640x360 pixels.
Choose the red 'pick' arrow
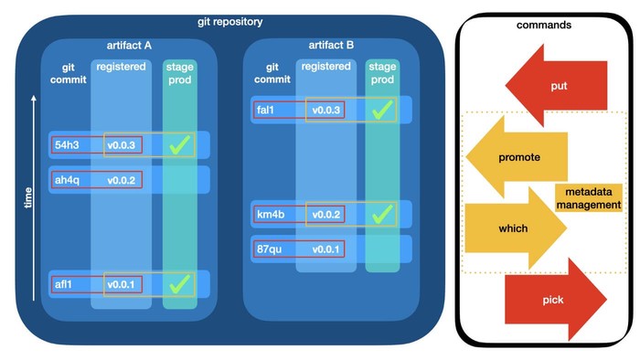tap(553, 300)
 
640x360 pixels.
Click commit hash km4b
tap(272, 215)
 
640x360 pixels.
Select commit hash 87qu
tap(271, 249)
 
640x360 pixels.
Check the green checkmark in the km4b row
tap(381, 214)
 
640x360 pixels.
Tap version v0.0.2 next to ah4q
tap(121, 180)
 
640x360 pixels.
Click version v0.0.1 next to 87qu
tap(325, 249)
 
